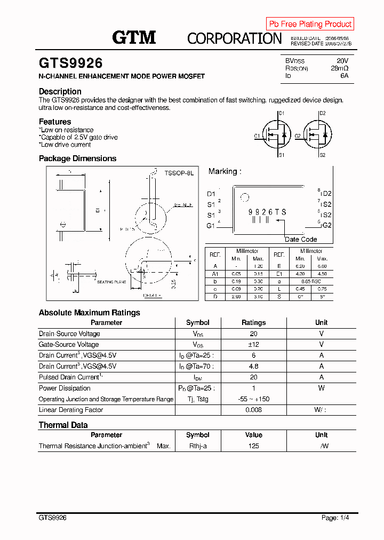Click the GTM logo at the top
click(x=134, y=37)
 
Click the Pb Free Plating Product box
click(x=310, y=24)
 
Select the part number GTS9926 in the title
click(x=70, y=63)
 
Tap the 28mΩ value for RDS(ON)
click(x=339, y=68)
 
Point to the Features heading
click(x=55, y=122)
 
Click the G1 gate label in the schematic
click(x=257, y=136)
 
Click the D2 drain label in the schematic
click(x=322, y=114)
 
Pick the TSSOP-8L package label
click(x=179, y=173)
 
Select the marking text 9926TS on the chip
click(x=267, y=212)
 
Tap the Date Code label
click(x=301, y=239)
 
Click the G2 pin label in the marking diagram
click(x=326, y=225)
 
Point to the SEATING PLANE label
click(x=111, y=282)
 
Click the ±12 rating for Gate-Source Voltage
click(x=253, y=345)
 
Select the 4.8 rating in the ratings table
click(x=253, y=367)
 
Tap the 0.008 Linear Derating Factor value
click(x=253, y=410)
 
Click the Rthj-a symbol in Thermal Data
click(x=197, y=446)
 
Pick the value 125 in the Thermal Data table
click(x=253, y=446)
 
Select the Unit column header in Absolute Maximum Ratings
click(x=321, y=322)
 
